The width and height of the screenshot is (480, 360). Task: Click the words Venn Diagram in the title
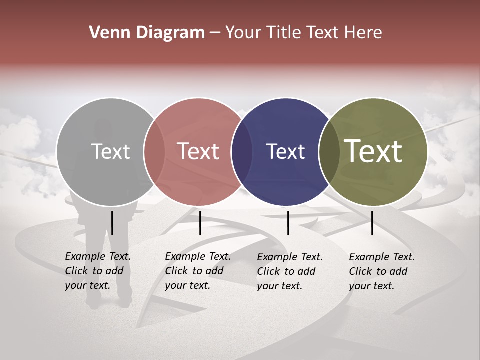coord(147,33)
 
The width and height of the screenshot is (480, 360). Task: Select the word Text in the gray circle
coord(110,152)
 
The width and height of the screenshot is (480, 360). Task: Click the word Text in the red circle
coord(198,152)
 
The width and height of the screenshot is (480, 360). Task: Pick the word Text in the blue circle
coord(285,152)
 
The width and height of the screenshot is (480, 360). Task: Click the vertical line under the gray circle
coord(112,223)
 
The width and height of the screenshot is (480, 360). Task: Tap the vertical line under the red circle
coord(200,223)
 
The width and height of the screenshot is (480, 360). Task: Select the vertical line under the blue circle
coord(288,223)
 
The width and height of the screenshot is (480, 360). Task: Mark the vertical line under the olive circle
coord(372,223)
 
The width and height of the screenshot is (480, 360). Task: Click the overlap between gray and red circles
coord(154,152)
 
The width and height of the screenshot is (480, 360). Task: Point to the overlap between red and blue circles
coord(242,152)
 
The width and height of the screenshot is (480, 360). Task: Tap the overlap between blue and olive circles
coord(329,152)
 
